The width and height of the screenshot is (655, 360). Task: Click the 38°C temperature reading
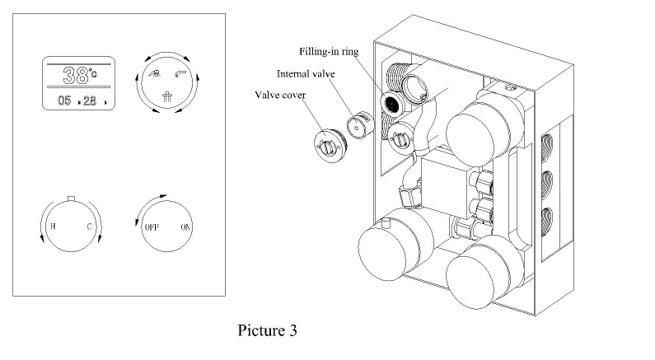[80, 76]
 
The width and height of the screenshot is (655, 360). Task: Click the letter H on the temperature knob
[53, 227]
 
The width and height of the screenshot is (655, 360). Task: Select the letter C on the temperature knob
[89, 227]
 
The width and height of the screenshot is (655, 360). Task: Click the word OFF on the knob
[152, 227]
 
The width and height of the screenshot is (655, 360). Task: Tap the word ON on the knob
[185, 227]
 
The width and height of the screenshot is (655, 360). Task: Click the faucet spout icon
[180, 74]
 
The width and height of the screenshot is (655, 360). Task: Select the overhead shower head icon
[167, 96]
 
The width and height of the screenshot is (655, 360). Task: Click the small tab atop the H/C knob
[71, 198]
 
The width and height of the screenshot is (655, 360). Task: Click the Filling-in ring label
[329, 51]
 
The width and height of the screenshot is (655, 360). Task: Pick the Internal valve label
[306, 74]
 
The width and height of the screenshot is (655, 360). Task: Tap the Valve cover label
[280, 95]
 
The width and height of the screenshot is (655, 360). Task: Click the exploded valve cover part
[330, 145]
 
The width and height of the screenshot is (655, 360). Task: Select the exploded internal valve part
[360, 124]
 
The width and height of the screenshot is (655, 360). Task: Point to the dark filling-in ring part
[392, 103]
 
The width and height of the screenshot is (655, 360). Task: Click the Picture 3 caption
[267, 330]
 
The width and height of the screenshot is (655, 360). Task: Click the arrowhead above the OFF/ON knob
[163, 196]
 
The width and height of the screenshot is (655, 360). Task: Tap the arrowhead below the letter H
[42, 238]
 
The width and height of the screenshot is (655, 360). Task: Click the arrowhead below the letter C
[100, 238]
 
